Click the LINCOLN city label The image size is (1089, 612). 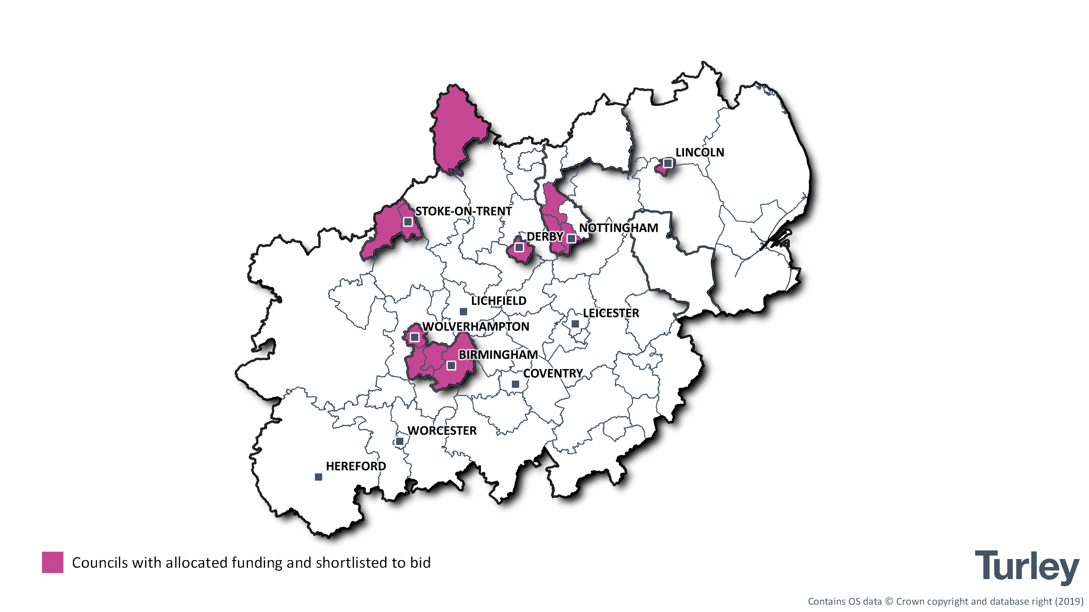[x=700, y=152]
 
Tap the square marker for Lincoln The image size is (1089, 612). [x=668, y=163]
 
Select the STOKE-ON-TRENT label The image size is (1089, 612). [x=463, y=211]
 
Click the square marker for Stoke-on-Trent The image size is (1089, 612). [x=408, y=222]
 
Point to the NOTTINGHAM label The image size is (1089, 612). [x=619, y=228]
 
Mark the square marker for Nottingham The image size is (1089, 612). [x=571, y=239]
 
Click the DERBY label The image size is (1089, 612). [x=544, y=237]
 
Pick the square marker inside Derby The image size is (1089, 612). [x=519, y=247]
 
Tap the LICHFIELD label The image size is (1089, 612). [x=499, y=301]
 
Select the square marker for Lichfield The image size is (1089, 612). [x=463, y=312]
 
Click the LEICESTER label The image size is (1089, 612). [x=611, y=313]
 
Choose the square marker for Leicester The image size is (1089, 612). [x=575, y=324]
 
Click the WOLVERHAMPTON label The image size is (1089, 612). [x=476, y=326]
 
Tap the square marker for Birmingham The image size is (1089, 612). [x=452, y=366]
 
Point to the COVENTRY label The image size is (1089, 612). [x=553, y=373]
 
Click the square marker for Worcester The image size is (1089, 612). [x=400, y=441]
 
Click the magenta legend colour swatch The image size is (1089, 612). [x=52, y=563]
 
